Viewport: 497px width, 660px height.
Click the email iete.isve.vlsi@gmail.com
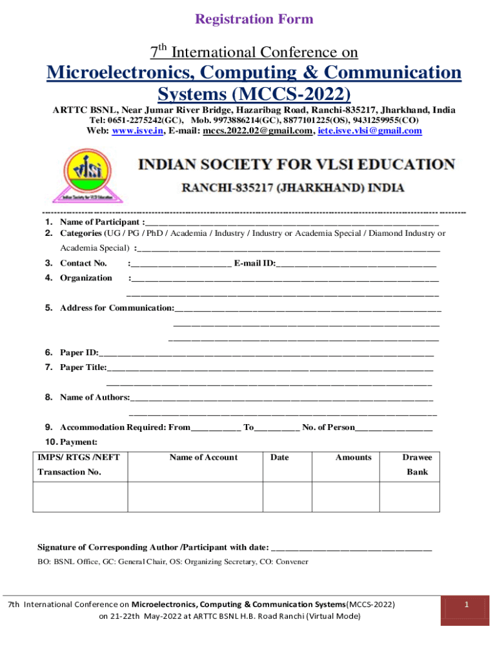[x=361, y=131]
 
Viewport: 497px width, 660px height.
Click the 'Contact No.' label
[x=83, y=263]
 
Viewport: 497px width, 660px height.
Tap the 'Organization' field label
[x=86, y=278]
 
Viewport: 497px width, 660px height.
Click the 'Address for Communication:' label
[x=117, y=308]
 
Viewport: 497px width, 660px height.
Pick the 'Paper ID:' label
[x=79, y=353]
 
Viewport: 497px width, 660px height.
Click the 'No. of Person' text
[x=329, y=427]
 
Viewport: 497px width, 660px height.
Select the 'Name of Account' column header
[x=203, y=458]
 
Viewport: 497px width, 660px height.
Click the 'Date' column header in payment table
[x=279, y=458]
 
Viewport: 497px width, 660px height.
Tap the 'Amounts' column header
[x=353, y=458]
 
